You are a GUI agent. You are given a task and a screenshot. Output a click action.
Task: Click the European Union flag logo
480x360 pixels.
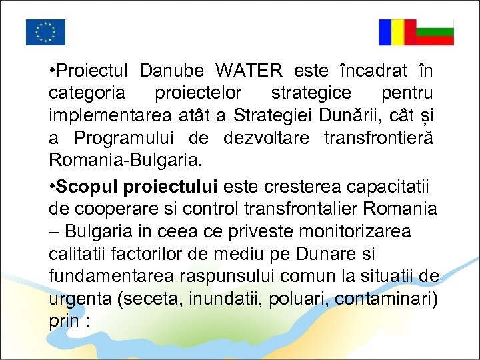(45, 32)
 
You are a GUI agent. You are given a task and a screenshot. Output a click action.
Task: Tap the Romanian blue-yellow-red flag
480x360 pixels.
(397, 32)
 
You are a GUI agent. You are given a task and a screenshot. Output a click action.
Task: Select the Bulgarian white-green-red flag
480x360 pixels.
(435, 32)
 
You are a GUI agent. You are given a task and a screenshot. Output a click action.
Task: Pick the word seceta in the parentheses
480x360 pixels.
(149, 301)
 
